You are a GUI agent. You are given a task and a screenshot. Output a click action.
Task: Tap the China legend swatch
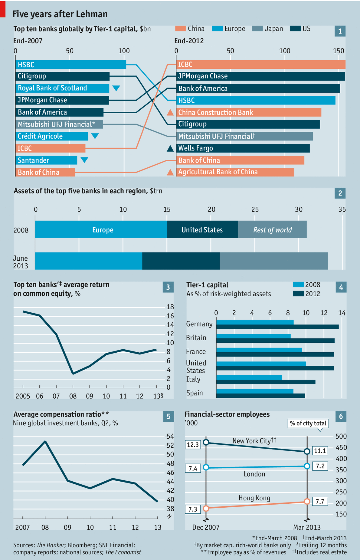click(x=181, y=28)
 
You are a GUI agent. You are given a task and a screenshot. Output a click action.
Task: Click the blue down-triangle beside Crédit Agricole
click(x=95, y=136)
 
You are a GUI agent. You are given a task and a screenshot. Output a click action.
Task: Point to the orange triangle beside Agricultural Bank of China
click(x=170, y=172)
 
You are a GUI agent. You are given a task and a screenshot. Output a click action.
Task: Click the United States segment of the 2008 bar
click(x=202, y=229)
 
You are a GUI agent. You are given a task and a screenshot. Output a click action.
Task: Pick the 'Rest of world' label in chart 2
click(x=272, y=230)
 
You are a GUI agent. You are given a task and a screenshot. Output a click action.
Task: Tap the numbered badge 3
click(x=168, y=287)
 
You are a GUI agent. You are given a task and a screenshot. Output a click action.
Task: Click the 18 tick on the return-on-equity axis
click(x=170, y=307)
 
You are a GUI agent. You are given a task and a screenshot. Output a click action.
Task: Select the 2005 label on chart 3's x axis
click(x=23, y=396)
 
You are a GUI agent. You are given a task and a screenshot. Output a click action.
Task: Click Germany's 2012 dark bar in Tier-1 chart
click(x=277, y=327)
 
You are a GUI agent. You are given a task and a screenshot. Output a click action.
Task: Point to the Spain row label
click(x=195, y=393)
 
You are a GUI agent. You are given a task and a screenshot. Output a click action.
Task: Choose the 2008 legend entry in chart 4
click(x=306, y=285)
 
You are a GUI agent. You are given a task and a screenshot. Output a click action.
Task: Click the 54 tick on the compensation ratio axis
click(x=170, y=436)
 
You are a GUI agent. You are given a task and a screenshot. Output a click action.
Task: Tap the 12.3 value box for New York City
click(x=193, y=445)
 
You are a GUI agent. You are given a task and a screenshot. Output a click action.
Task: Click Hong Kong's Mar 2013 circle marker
click(x=307, y=501)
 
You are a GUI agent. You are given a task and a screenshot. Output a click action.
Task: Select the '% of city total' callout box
click(x=308, y=423)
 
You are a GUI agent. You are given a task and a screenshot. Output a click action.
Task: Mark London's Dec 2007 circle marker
click(x=206, y=467)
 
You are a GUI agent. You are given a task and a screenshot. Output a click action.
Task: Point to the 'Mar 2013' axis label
click(x=307, y=527)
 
